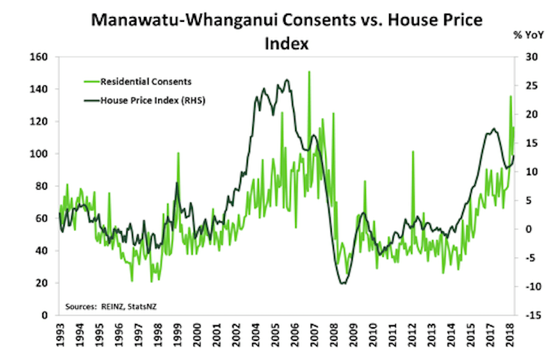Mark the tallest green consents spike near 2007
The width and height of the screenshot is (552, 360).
click(309, 72)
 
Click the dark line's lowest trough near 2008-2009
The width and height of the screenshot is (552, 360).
click(342, 283)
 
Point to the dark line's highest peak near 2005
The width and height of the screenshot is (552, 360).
click(287, 80)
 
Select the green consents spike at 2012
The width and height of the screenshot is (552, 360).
click(413, 151)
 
